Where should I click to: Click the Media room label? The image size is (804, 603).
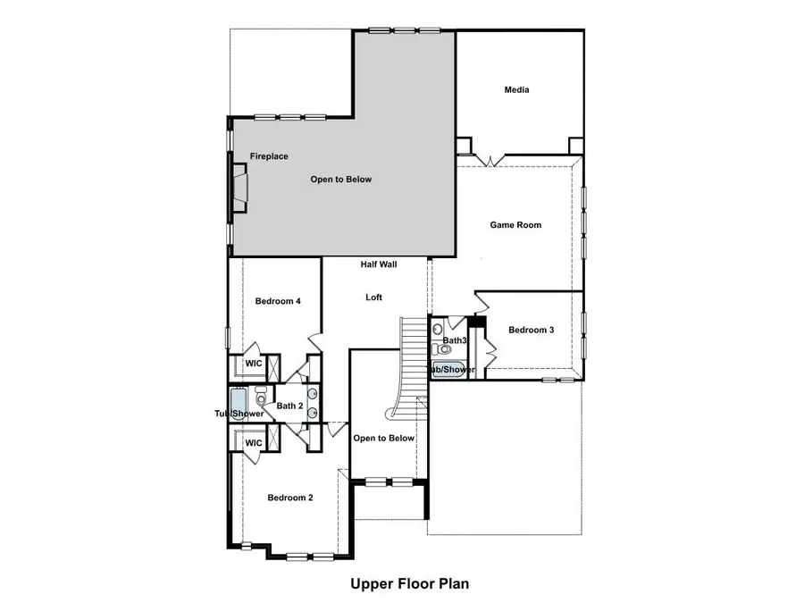click(516, 90)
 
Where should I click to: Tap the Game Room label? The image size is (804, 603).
click(515, 225)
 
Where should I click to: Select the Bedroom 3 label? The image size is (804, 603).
click(532, 331)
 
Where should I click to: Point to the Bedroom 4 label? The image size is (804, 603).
click(277, 301)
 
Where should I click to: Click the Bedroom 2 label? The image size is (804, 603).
click(290, 498)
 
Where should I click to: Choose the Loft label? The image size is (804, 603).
click(374, 297)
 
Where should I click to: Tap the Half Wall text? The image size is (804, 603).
click(379, 264)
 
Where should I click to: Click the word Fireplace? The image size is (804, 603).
click(269, 156)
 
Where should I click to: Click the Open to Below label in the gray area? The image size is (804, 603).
click(340, 180)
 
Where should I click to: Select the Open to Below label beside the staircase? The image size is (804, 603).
click(383, 438)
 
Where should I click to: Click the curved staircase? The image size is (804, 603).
click(411, 366)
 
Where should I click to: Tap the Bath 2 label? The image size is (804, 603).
click(290, 406)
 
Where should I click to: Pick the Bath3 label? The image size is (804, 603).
click(455, 340)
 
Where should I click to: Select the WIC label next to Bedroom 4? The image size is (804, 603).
click(254, 364)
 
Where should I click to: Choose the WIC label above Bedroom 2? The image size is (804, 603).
click(254, 443)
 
